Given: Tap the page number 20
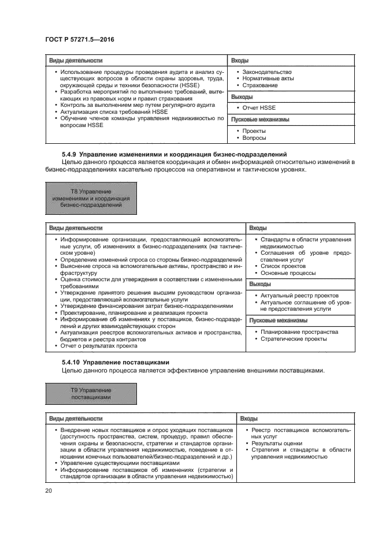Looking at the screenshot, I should point(49,491).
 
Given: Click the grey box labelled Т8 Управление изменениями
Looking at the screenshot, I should point(91,198).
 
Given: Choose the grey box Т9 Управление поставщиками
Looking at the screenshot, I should point(91,394).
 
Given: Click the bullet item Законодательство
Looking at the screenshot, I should point(267,71).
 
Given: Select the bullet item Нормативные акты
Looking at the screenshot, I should point(268,78).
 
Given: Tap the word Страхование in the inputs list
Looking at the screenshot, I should point(260,85).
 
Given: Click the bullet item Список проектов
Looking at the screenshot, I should point(283,266).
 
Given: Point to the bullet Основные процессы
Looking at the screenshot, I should point(288,273).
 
